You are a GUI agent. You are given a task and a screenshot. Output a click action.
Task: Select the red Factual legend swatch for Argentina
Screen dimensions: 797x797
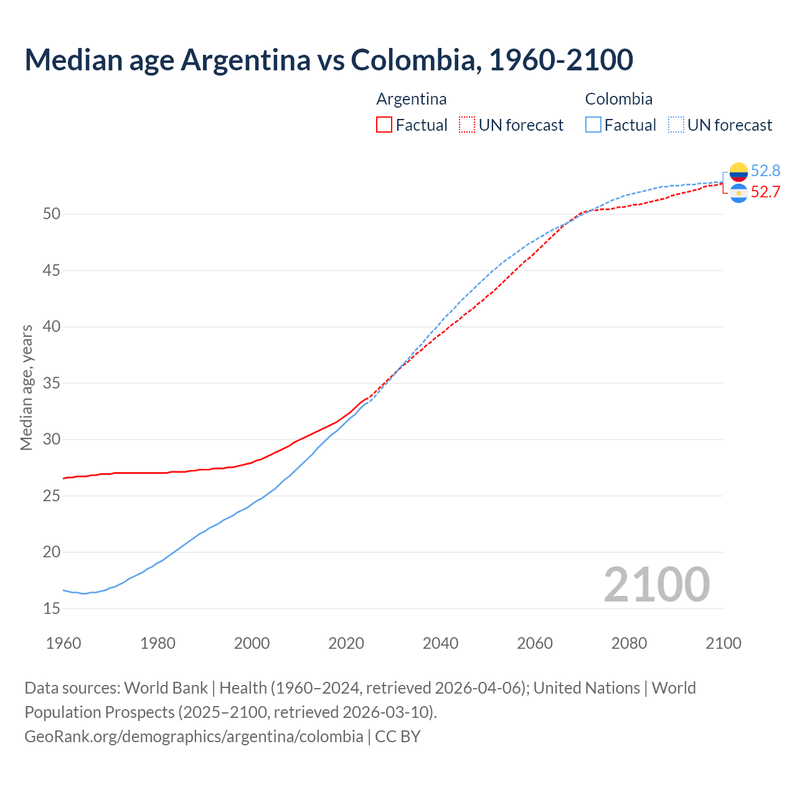(x=384, y=125)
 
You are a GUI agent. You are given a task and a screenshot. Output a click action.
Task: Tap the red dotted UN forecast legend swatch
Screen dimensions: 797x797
(x=467, y=125)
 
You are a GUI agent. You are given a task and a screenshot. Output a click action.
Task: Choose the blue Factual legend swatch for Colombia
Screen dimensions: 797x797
(x=593, y=125)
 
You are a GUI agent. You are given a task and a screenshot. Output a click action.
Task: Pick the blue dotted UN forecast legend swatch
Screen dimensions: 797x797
(x=676, y=125)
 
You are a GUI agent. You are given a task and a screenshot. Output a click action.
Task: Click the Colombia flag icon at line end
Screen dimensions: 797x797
(x=738, y=171)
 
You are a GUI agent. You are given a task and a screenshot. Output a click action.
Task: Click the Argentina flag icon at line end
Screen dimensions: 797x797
(x=738, y=193)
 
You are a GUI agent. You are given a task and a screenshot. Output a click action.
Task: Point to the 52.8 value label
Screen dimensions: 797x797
(x=765, y=171)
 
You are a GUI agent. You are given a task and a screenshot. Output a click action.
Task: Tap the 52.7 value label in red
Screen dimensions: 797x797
(x=765, y=192)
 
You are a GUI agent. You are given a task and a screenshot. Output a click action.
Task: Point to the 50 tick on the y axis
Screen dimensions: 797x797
(x=52, y=214)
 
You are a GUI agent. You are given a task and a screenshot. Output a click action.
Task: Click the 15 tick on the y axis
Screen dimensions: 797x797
(x=52, y=608)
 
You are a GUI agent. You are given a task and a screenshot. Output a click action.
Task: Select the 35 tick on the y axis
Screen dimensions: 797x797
(x=52, y=383)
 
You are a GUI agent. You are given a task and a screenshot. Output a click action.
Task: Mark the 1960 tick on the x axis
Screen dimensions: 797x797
(x=64, y=643)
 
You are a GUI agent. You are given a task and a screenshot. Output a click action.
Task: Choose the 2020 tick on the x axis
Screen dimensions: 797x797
(x=346, y=643)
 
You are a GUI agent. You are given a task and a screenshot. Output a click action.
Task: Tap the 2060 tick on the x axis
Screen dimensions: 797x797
(x=535, y=643)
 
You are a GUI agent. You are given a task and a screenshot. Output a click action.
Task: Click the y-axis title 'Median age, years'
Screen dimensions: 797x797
(x=26, y=387)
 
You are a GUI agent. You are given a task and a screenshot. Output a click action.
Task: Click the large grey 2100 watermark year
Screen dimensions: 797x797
(x=656, y=584)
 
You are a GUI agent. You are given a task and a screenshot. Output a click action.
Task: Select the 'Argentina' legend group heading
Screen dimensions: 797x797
(x=412, y=99)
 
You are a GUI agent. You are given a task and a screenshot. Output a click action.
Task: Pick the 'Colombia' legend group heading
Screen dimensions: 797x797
(x=619, y=99)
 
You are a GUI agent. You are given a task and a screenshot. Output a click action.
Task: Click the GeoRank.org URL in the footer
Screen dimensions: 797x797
(x=194, y=736)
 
